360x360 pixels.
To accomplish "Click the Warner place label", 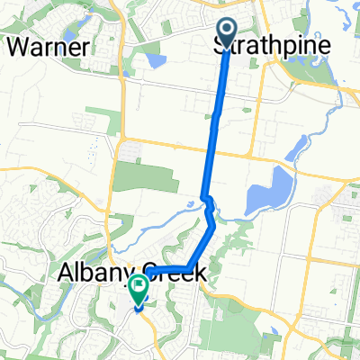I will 49,46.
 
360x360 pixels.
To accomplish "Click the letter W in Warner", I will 17,46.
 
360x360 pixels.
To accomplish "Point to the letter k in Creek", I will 202,272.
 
